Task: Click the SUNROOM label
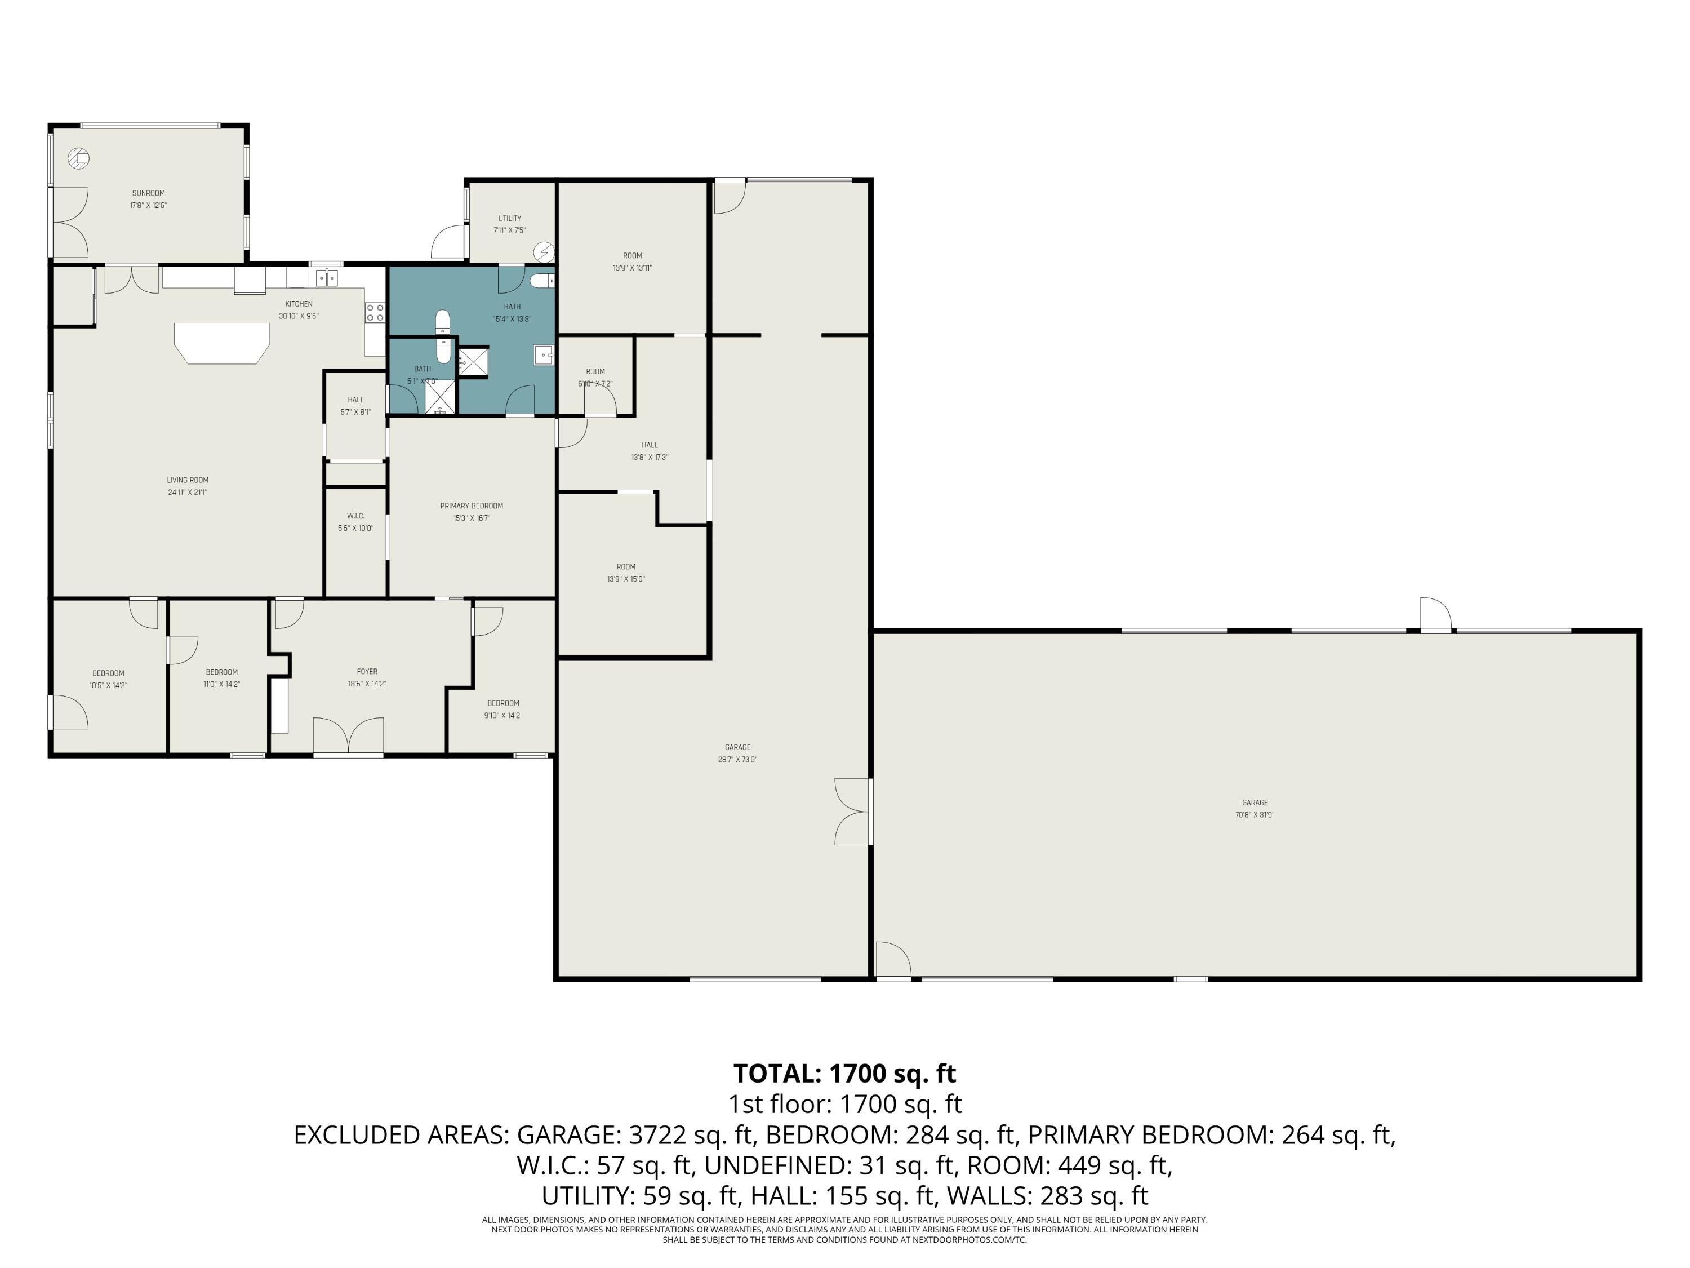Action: point(148,193)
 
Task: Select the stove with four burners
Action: point(375,312)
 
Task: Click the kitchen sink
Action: point(327,277)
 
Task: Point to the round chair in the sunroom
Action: point(79,159)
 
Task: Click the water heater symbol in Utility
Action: point(544,251)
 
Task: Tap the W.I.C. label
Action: point(355,516)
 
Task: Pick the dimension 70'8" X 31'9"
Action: point(1255,815)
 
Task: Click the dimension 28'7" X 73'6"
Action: point(737,760)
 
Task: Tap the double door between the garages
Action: point(854,812)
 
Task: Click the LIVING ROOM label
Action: point(187,480)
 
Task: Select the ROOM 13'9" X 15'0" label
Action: point(626,566)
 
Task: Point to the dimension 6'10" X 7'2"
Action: point(595,384)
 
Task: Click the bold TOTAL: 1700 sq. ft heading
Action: point(844,1073)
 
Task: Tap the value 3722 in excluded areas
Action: point(655,1135)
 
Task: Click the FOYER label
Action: point(367,672)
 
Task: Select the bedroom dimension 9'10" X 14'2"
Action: point(502,715)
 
